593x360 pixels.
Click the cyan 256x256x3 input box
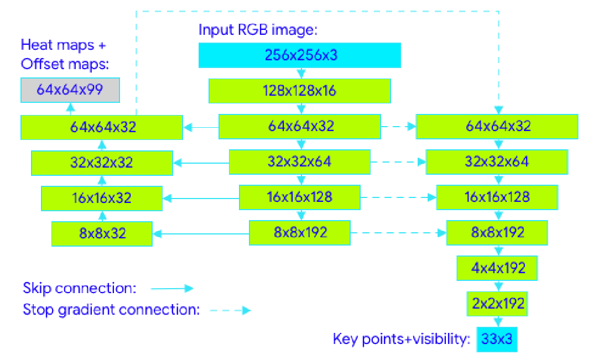click(299, 55)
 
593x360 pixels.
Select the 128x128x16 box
click(299, 91)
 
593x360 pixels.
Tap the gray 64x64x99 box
click(70, 90)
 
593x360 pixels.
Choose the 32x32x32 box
click(102, 163)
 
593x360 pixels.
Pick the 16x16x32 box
click(102, 198)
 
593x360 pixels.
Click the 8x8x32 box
click(102, 233)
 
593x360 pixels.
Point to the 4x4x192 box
click(497, 268)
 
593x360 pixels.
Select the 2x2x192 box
click(497, 304)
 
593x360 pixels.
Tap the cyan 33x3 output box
click(497, 339)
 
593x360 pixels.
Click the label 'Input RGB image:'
click(257, 30)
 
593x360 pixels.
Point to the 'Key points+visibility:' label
click(401, 339)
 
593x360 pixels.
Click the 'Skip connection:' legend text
click(80, 288)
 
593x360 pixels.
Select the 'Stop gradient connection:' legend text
click(111, 310)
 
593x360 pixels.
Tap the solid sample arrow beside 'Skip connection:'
click(171, 288)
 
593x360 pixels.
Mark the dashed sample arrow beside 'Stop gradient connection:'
click(230, 310)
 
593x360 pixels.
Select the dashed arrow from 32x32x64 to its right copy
click(398, 163)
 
